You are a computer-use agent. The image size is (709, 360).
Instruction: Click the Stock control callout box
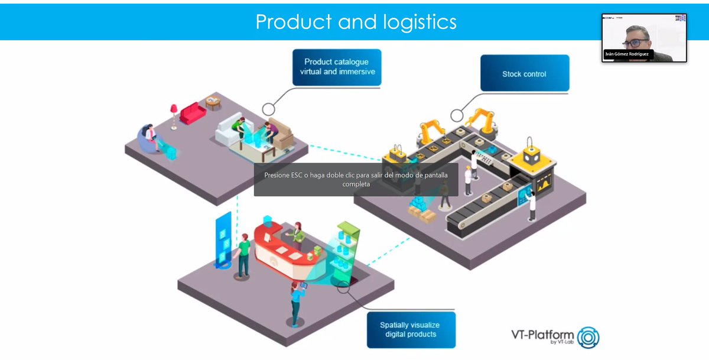click(524, 74)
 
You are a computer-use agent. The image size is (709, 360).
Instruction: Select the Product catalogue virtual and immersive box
click(336, 67)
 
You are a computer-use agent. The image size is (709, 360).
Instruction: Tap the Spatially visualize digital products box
click(409, 329)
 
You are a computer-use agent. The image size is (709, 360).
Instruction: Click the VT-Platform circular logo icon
click(588, 338)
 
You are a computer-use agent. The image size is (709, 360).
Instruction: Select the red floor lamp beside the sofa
click(174, 115)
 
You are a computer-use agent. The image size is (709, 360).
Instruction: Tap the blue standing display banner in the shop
click(225, 239)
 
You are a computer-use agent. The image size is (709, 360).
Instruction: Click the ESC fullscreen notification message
click(356, 180)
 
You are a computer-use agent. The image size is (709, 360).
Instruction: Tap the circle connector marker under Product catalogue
click(269, 109)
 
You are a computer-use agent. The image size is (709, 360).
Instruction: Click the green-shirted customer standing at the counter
click(243, 254)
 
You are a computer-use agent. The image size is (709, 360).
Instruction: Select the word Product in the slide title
click(293, 22)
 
